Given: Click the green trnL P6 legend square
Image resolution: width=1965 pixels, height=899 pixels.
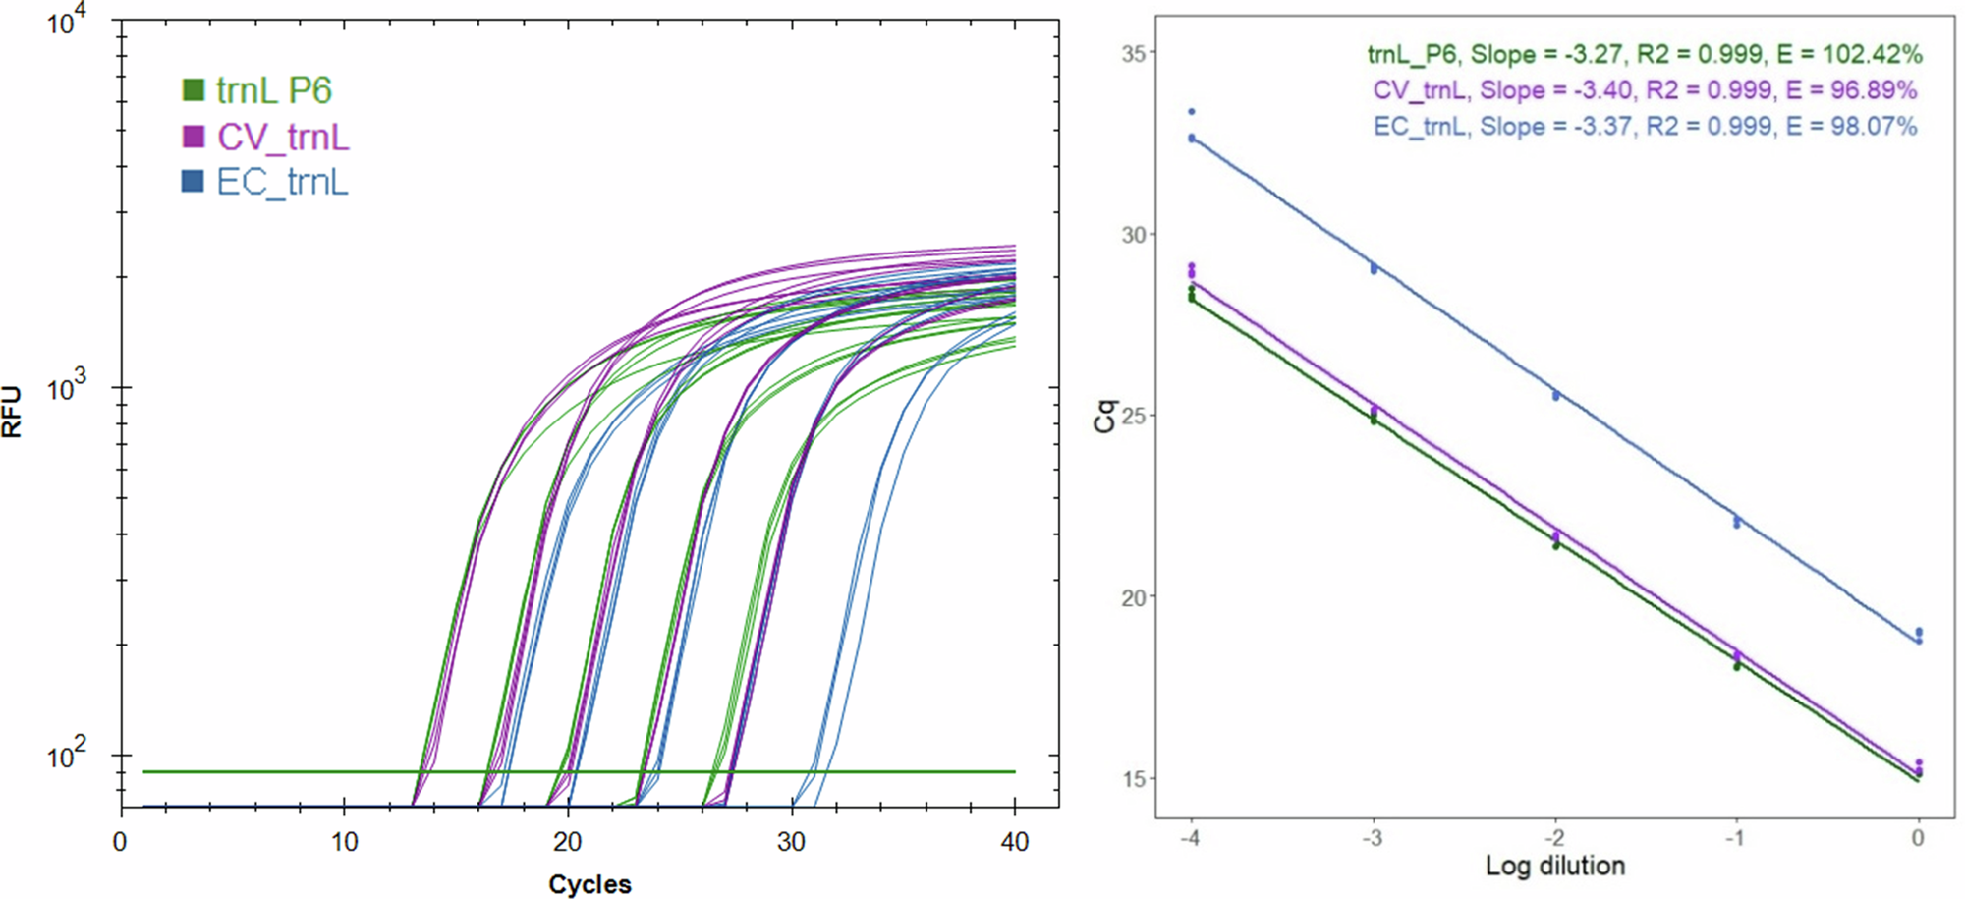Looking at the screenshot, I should click(x=193, y=90).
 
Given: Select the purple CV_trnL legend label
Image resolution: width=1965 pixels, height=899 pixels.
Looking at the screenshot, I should click(x=283, y=137).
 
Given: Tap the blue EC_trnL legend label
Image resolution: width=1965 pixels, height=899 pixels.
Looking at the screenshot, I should click(x=282, y=182).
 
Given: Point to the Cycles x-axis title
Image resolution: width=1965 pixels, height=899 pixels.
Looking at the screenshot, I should click(x=589, y=883).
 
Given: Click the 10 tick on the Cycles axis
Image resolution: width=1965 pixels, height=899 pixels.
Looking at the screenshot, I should click(x=344, y=842).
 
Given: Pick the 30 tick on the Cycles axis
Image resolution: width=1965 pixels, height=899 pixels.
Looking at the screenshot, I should click(x=791, y=842).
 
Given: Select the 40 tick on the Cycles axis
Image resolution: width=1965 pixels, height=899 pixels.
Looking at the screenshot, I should click(x=1014, y=842).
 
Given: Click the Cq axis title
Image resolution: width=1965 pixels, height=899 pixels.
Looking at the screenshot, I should click(x=1105, y=415).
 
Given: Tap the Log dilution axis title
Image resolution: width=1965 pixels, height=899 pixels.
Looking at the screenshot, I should click(x=1554, y=866).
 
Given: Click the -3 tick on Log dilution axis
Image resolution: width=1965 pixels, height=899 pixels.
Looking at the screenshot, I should click(x=1373, y=838).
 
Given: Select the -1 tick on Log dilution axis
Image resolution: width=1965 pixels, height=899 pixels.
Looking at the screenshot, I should click(x=1736, y=838).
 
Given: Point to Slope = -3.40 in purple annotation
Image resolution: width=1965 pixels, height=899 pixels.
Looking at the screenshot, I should click(x=1556, y=90).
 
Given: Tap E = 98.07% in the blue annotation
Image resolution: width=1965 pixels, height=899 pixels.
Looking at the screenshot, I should click(x=1851, y=126).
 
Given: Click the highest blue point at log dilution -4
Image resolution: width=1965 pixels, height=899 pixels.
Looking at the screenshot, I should click(x=1192, y=112).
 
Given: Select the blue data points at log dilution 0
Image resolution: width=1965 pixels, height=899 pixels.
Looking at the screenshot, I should click(x=1918, y=636).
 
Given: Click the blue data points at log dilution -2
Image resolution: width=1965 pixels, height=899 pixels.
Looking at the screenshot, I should click(x=1555, y=396).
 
